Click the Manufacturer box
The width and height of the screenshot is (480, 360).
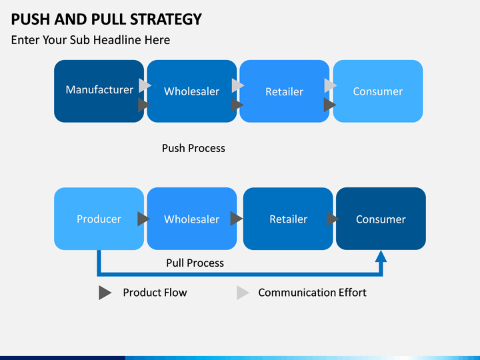[99, 91]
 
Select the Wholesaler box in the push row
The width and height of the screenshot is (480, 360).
[192, 91]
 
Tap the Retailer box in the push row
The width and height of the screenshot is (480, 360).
[285, 91]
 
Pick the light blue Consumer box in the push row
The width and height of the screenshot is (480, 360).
[378, 91]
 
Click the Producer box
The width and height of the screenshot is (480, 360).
[99, 219]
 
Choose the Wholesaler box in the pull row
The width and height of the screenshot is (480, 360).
[192, 219]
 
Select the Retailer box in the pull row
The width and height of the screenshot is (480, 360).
[288, 219]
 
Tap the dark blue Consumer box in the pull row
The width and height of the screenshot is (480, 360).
[381, 219]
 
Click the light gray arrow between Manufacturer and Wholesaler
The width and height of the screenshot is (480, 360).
[145, 85]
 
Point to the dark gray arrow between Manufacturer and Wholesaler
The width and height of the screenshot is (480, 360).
[144, 105]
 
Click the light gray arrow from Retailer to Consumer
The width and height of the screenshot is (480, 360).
[330, 85]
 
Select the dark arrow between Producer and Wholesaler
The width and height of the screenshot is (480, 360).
[143, 219]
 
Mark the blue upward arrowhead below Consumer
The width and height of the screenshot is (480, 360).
[381, 257]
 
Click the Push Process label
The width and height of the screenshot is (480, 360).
[193, 148]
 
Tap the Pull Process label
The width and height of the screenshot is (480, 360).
[195, 263]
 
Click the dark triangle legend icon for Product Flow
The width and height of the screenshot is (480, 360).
[105, 293]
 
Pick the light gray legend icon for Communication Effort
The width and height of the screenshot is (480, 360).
[243, 293]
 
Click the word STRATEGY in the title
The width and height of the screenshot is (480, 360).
[165, 19]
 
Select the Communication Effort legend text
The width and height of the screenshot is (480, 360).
[312, 293]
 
